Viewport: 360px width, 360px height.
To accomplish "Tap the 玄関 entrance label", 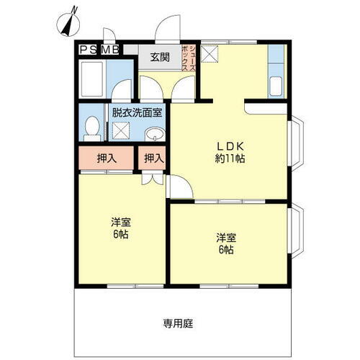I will pyautogui.click(x=160, y=58).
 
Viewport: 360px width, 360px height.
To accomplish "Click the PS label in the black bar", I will pyautogui.click(x=89, y=49).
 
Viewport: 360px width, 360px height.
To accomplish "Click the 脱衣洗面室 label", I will pyautogui.click(x=136, y=112).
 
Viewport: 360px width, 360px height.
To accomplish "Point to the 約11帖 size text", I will pyautogui.click(x=230, y=158).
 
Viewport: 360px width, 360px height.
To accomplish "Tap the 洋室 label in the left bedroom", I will pyautogui.click(x=120, y=222).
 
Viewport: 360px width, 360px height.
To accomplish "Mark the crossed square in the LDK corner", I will pyautogui.click(x=211, y=53).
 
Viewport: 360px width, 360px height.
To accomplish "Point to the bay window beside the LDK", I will pyautogui.click(x=296, y=145).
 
